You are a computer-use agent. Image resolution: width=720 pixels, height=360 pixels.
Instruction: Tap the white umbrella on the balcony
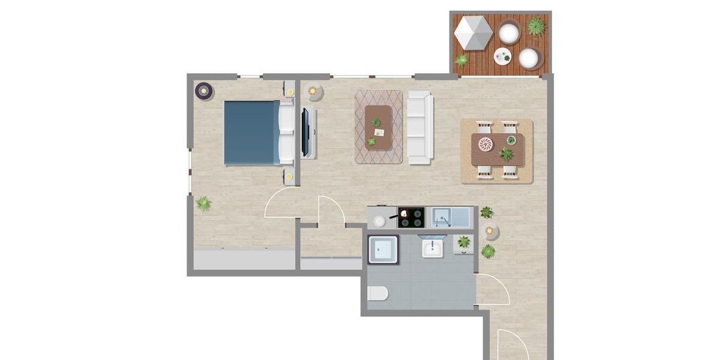pos(473,33)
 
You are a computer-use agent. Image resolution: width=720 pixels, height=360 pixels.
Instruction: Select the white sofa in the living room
pos(419,127)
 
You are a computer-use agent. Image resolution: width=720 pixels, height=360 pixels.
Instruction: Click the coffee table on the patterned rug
pos(378,127)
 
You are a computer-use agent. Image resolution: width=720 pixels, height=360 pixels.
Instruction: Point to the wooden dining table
pos(498,149)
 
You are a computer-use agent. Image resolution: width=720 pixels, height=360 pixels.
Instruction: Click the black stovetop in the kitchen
pos(411,217)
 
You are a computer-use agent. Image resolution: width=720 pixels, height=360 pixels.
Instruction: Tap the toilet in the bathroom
pos(378,293)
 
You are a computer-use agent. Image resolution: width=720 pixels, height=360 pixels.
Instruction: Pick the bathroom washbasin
pos(433,247)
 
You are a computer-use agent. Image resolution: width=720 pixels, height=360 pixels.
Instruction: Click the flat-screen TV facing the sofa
pos(306,133)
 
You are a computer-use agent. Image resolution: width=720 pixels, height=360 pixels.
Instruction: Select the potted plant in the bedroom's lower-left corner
pos(203,204)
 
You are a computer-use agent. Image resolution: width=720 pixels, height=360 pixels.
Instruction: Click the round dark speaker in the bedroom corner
pos(204,91)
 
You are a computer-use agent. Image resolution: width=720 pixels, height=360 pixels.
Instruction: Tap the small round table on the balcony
pos(502,57)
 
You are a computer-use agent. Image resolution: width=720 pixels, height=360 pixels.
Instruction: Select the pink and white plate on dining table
pos(485,144)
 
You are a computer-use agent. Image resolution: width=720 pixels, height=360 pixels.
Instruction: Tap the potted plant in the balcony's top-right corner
pos(536,26)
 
